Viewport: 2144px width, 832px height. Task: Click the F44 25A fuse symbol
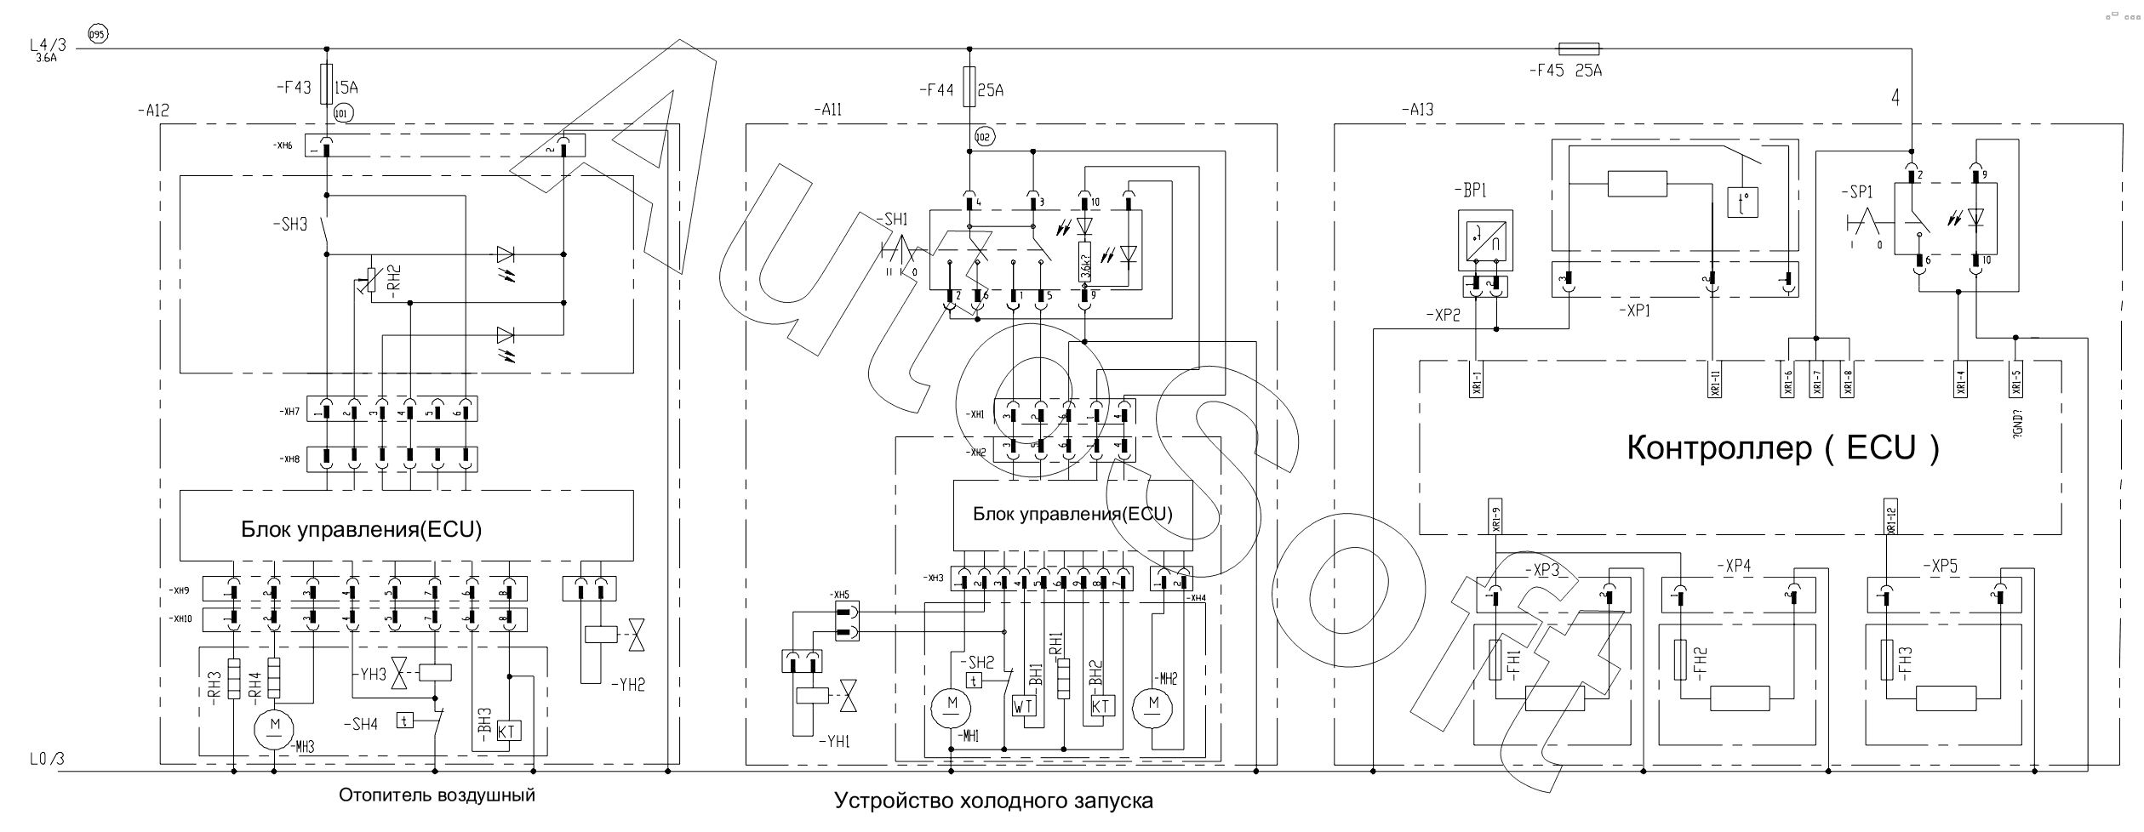point(969,88)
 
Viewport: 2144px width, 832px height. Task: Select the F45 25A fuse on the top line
point(1578,49)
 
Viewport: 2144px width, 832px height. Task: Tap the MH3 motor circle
point(275,723)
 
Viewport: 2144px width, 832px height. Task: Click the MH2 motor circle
point(1154,704)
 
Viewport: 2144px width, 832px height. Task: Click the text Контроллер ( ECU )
point(1782,447)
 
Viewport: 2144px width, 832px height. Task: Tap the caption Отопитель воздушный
point(437,795)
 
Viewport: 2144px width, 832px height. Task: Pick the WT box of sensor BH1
point(1023,705)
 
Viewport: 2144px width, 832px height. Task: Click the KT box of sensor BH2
point(1101,705)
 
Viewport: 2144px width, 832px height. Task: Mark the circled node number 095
point(97,33)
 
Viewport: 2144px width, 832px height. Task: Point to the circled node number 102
point(984,135)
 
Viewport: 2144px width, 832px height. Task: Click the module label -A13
point(1416,110)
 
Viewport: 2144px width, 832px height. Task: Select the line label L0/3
point(48,760)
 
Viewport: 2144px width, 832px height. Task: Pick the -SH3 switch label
point(290,225)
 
